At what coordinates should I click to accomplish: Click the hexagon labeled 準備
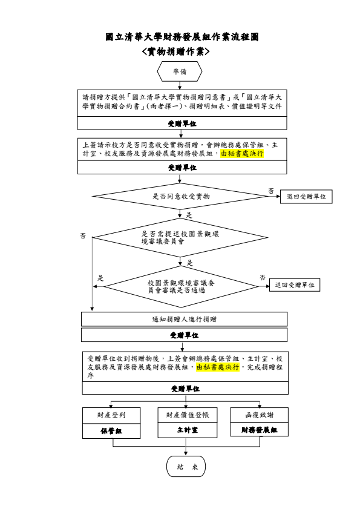coord(180,71)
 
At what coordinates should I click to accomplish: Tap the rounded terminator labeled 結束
coord(186,467)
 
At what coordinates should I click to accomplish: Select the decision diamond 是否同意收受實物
coord(180,196)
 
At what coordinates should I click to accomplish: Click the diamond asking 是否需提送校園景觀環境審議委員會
coord(180,237)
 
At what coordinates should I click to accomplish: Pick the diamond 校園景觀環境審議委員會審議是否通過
coord(181,286)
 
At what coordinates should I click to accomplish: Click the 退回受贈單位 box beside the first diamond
coord(306,197)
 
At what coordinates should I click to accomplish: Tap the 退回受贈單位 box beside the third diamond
coord(295,285)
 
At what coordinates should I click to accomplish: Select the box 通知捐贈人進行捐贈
coord(184,319)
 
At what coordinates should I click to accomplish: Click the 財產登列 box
coord(111,415)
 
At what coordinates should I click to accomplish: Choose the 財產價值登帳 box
coord(188,415)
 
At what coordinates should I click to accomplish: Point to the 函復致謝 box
coord(260,415)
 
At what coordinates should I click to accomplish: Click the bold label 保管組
coord(111,431)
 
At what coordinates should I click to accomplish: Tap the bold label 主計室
coord(188,430)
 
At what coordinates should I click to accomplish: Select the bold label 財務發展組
coord(260,430)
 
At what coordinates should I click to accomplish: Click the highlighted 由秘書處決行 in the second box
coord(242,154)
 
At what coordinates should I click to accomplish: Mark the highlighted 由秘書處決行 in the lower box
coord(218,367)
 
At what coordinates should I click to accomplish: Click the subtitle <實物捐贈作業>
coord(175,51)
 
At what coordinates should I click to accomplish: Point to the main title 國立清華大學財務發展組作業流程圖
coord(182,37)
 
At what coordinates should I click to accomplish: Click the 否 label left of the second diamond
coord(83,235)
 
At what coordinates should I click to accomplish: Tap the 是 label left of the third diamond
coord(100,278)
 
